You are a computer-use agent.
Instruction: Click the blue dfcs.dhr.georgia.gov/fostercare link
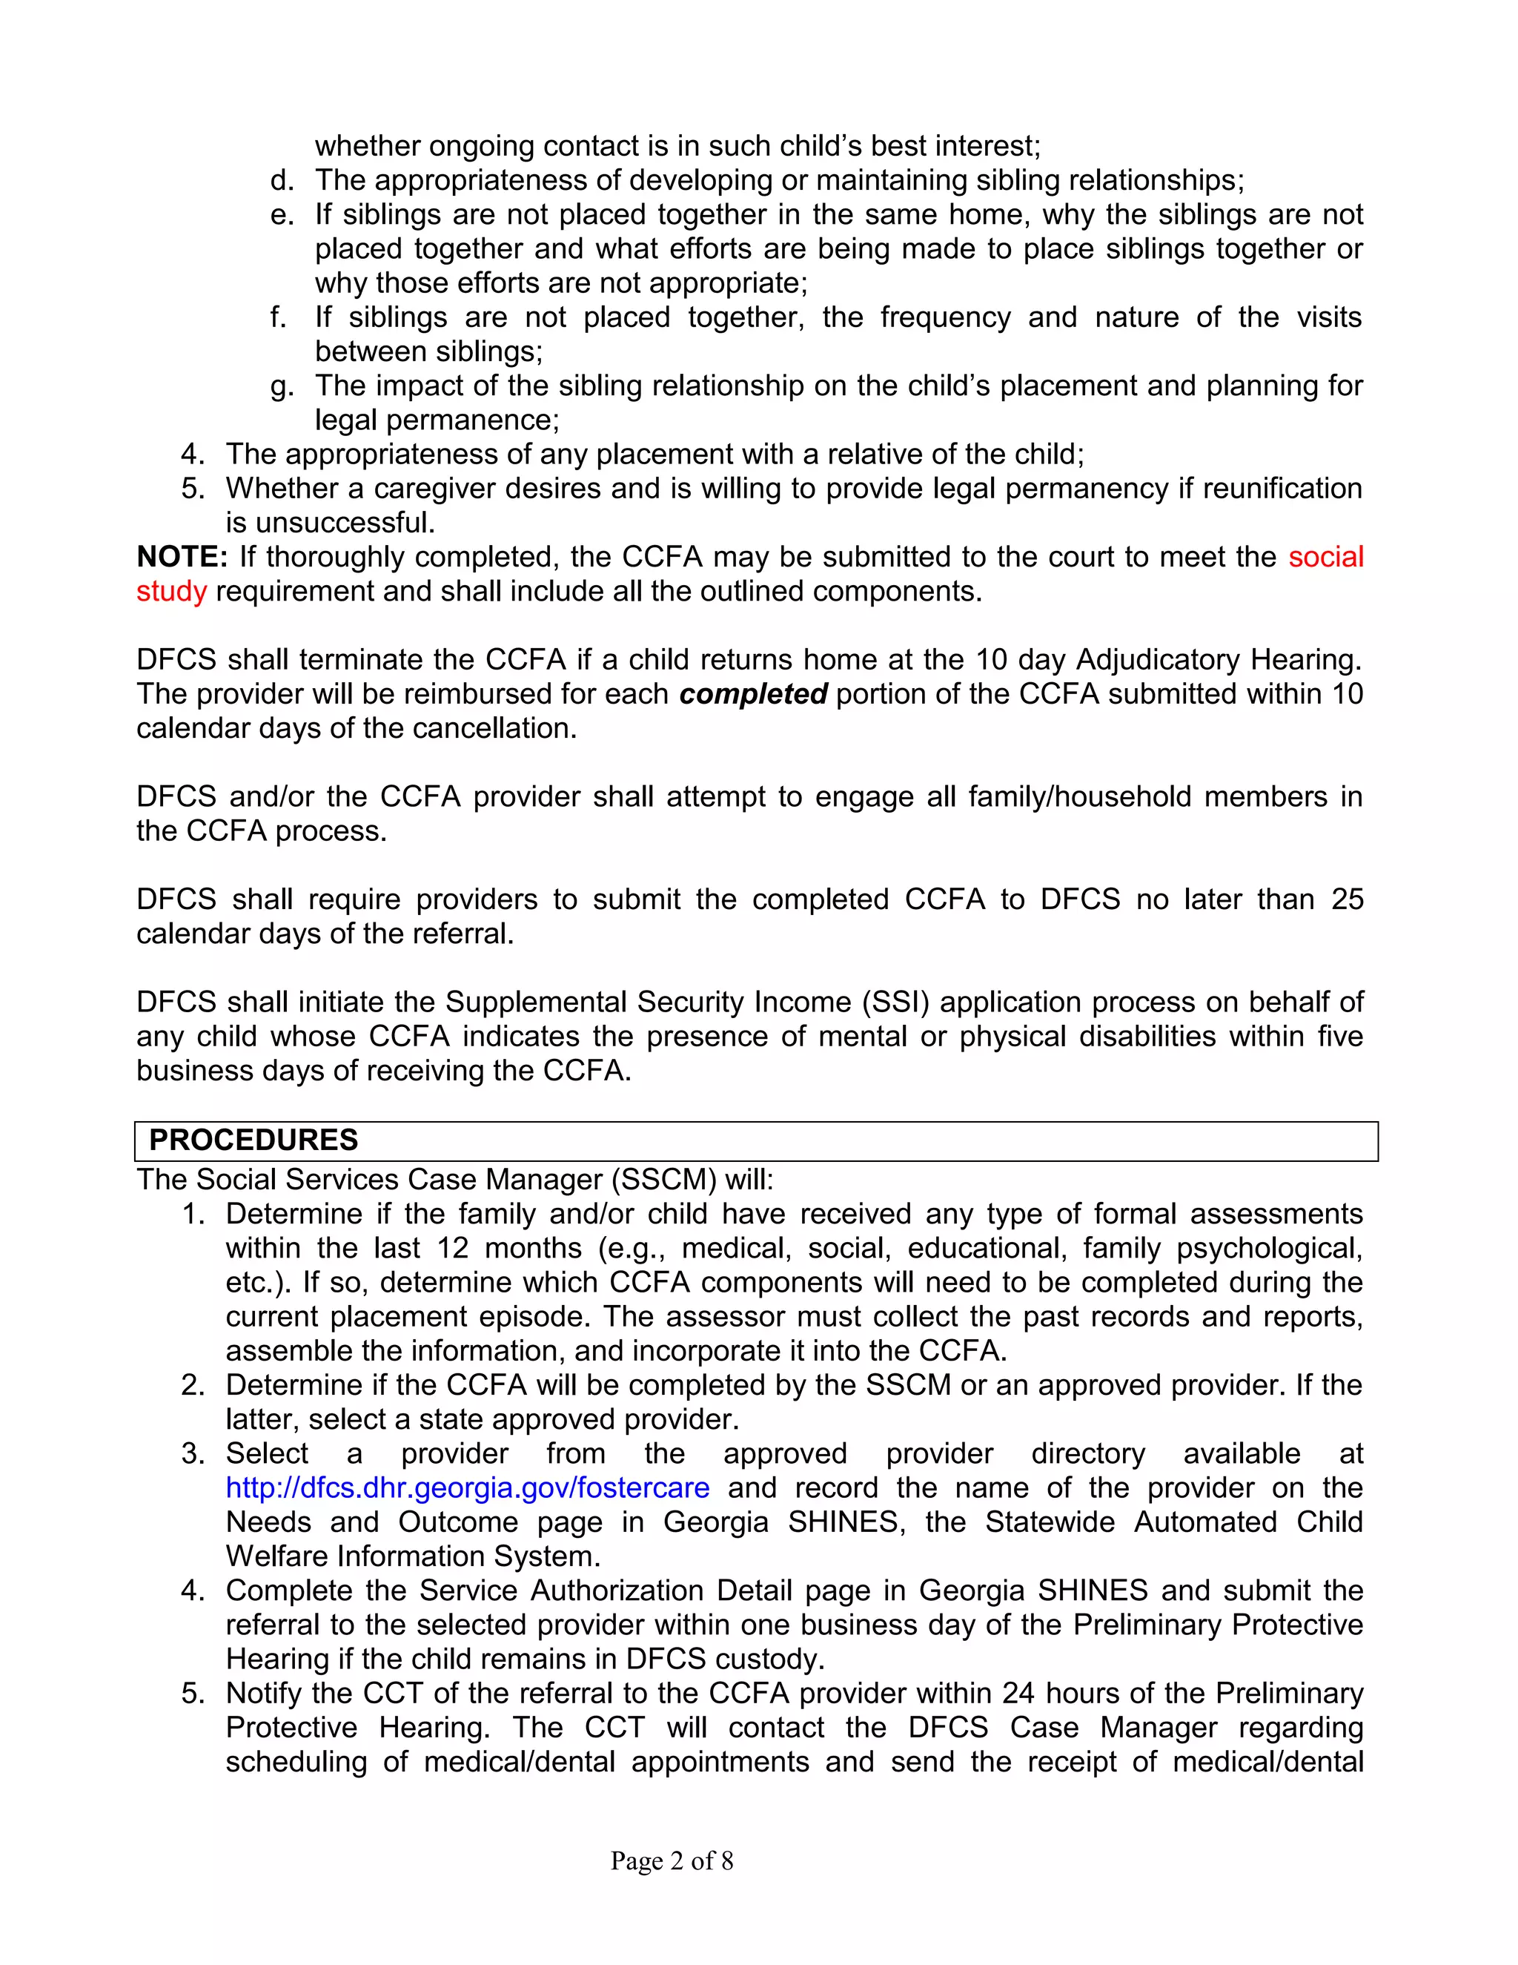click(467, 1487)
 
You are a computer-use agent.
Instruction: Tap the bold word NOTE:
click(182, 557)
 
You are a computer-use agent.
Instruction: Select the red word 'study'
click(171, 591)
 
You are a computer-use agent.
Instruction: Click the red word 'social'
click(1325, 557)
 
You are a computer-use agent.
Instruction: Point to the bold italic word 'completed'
click(753, 694)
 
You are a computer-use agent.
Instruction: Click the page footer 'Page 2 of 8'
click(671, 1860)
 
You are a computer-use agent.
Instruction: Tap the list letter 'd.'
click(282, 181)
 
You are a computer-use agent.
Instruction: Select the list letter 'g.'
click(282, 386)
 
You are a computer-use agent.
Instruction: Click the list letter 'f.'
click(278, 317)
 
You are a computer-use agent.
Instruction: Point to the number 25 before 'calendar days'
click(1346, 899)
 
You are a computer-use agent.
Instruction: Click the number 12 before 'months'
click(452, 1248)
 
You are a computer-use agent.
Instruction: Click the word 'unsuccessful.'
click(330, 523)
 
